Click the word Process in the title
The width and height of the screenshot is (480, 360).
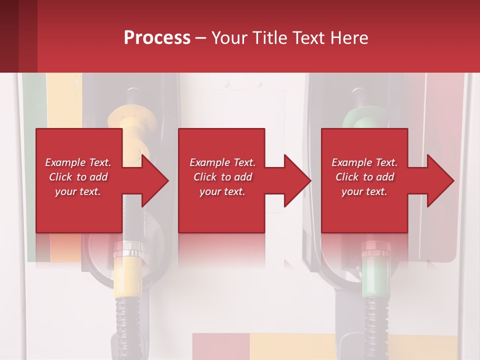tap(157, 38)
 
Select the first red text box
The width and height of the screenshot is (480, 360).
tap(79, 180)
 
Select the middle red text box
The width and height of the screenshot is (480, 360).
tap(221, 180)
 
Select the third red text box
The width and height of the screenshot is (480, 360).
tap(364, 180)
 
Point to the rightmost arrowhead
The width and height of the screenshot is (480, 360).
tap(439, 180)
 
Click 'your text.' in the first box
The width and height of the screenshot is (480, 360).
tap(77, 191)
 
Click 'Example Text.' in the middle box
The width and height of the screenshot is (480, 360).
tap(222, 162)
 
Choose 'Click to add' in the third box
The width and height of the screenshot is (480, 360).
tap(364, 177)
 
